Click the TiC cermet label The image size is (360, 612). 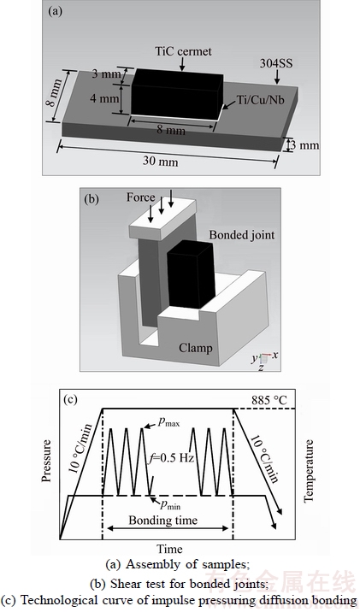pos(183,51)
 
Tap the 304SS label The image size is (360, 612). pos(276,63)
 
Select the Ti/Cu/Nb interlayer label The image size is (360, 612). pos(261,100)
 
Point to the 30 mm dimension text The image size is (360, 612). pos(160,162)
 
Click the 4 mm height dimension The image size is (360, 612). pos(104,98)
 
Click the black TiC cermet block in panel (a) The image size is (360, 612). pos(176,93)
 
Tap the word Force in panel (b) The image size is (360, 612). pos(140,197)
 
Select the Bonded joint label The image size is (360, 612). pos(242,234)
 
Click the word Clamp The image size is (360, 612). pos(196,347)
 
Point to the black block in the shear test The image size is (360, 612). pos(192,274)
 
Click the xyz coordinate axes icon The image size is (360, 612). pos(265,361)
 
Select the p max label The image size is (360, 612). pos(168,422)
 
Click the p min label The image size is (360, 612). pos(170,504)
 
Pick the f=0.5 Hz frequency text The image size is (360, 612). pos(172,458)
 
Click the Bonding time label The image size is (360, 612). pos(162,520)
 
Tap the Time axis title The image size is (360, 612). pos(169,549)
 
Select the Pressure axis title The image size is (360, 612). pos(46,461)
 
